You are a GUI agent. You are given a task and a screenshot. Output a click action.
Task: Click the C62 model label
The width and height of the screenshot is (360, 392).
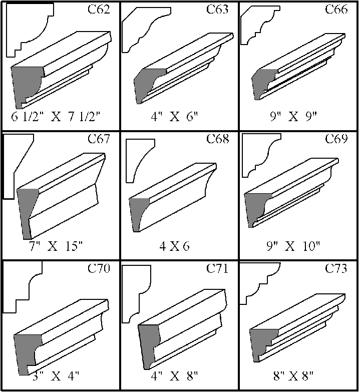99,9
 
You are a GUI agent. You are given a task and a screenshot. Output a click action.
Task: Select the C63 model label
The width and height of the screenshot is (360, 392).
217,9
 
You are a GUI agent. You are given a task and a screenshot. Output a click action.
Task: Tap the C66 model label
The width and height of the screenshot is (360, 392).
336,9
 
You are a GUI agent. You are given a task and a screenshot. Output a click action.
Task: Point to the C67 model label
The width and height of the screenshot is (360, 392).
99,139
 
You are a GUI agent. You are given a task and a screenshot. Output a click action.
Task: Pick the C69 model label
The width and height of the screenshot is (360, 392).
336,139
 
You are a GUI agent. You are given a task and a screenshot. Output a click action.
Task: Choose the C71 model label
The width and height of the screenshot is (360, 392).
217,268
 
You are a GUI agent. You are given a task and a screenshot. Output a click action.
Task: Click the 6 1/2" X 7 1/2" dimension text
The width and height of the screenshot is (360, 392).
56,117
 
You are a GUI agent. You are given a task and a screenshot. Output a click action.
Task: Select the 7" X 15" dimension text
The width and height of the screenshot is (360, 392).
56,246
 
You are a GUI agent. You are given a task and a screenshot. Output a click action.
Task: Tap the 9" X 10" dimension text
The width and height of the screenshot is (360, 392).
293,246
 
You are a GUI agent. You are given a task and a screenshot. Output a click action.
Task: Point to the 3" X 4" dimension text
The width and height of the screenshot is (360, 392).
56,376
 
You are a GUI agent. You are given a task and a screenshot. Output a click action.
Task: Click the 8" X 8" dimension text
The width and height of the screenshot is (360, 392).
293,376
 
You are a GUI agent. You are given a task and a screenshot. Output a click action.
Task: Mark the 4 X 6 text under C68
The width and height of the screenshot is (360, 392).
175,246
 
